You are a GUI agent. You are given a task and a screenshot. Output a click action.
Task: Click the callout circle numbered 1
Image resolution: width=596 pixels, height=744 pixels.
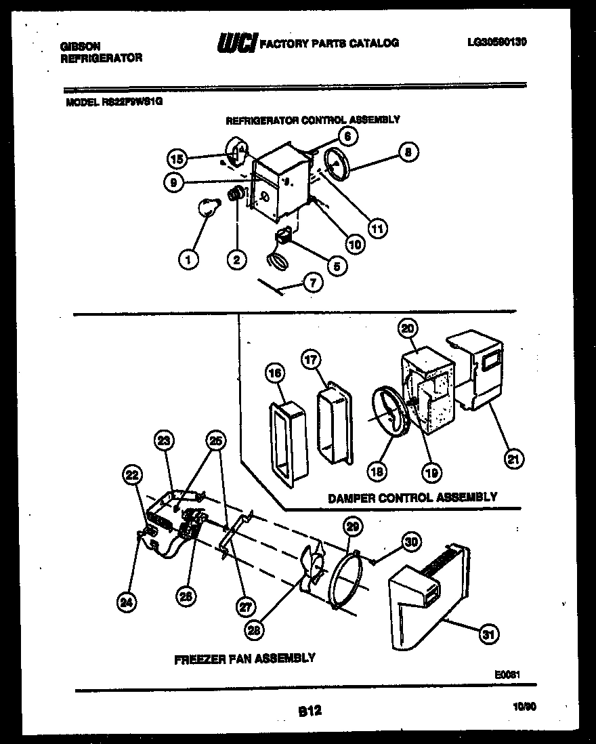tap(190, 258)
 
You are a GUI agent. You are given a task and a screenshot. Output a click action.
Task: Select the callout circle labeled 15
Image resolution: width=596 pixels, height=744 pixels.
tap(176, 159)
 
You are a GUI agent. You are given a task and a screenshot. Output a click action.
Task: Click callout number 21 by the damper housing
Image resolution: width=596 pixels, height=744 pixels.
tap(514, 459)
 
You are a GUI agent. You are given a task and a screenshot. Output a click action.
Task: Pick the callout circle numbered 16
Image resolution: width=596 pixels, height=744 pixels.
tap(274, 373)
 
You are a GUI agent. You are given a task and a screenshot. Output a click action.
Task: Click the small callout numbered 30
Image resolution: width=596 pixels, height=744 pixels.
tap(411, 541)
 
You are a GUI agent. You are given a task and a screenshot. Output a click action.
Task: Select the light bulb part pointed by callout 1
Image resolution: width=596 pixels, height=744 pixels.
tap(207, 205)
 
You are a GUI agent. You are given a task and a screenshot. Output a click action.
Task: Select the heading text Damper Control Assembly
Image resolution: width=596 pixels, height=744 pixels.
tap(412, 497)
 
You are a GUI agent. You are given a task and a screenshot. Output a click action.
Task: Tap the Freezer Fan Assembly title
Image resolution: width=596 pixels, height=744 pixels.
tap(244, 657)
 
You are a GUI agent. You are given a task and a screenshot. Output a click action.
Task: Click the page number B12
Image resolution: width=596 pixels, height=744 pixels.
tap(310, 710)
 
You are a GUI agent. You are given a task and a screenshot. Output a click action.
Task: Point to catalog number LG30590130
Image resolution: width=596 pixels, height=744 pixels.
tap(496, 41)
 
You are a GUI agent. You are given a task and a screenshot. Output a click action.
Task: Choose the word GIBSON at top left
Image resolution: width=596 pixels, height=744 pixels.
tap(81, 47)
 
